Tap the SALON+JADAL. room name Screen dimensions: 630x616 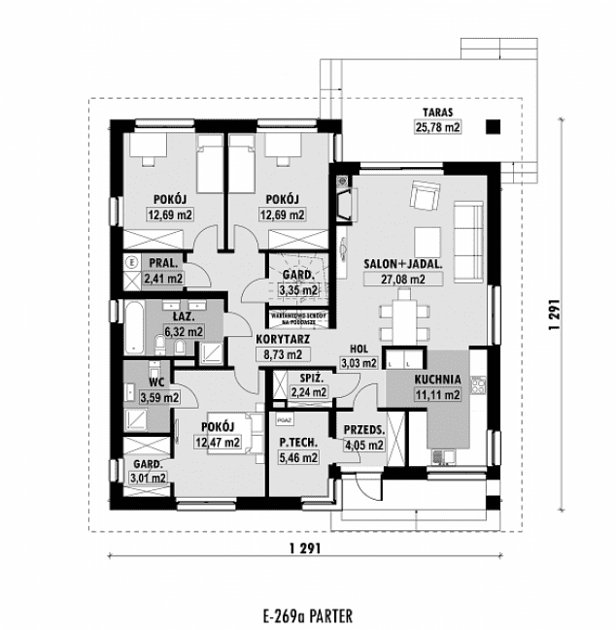pos(404,263)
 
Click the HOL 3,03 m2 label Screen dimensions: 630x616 pos(357,356)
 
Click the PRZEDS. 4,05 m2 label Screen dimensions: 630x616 pos(365,438)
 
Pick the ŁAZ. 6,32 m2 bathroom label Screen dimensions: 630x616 pos(184,324)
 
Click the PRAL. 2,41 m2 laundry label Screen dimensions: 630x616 pos(162,271)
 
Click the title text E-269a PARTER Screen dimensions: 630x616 pos(306,614)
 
